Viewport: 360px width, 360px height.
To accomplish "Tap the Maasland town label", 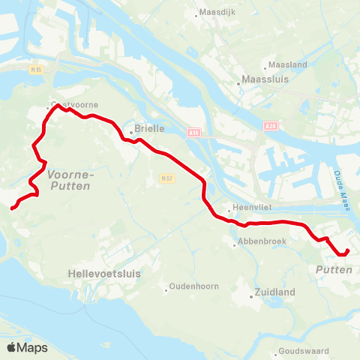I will coord(287,65).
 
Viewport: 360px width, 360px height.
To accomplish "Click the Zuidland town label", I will coord(274,292).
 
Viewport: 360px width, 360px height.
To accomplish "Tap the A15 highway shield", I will coord(194,132).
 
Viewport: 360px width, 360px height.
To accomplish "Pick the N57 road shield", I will coord(166,178).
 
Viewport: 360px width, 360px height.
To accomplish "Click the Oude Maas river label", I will coord(342,184).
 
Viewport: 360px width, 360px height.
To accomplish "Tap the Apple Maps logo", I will coord(27,347).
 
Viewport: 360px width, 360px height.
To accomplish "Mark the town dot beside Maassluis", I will coord(238,83).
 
